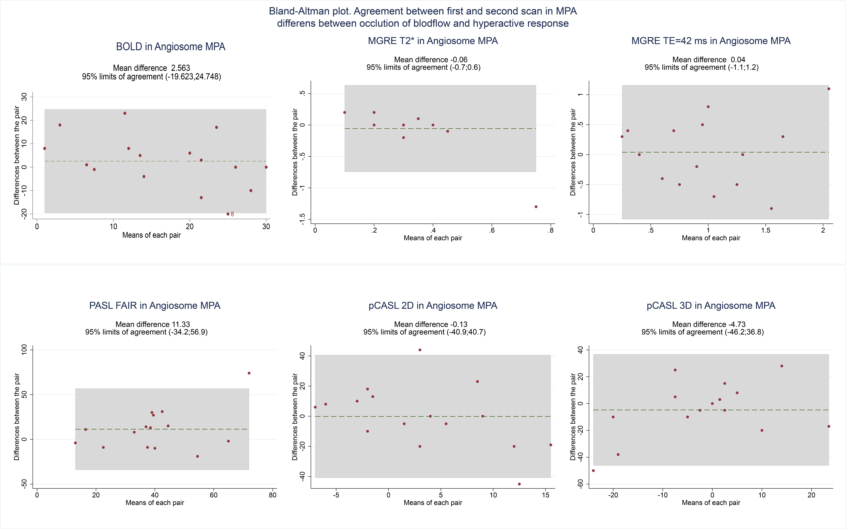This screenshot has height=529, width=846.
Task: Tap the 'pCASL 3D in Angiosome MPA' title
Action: pos(711,305)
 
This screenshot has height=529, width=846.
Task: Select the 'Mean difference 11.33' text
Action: pos(153,324)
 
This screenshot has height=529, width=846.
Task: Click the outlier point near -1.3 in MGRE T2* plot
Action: pos(536,207)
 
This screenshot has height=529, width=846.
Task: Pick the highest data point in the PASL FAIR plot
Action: pos(249,373)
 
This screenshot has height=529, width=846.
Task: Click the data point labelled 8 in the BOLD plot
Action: pos(228,214)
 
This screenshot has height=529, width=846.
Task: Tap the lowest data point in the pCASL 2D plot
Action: pos(519,484)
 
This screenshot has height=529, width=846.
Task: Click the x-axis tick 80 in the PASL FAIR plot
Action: pos(273,495)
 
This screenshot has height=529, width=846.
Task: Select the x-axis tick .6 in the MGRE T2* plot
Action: pos(492,230)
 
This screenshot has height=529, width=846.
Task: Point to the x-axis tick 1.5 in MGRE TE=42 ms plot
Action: pos(765,230)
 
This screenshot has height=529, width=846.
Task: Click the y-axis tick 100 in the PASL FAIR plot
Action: pos(24,350)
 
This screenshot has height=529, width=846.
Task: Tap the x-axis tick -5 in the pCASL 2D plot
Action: pos(336,495)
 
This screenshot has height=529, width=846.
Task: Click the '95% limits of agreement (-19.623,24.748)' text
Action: pos(152,77)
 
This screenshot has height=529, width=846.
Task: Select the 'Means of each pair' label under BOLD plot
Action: pos(152,235)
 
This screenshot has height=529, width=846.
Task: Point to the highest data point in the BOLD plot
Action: pos(125,113)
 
